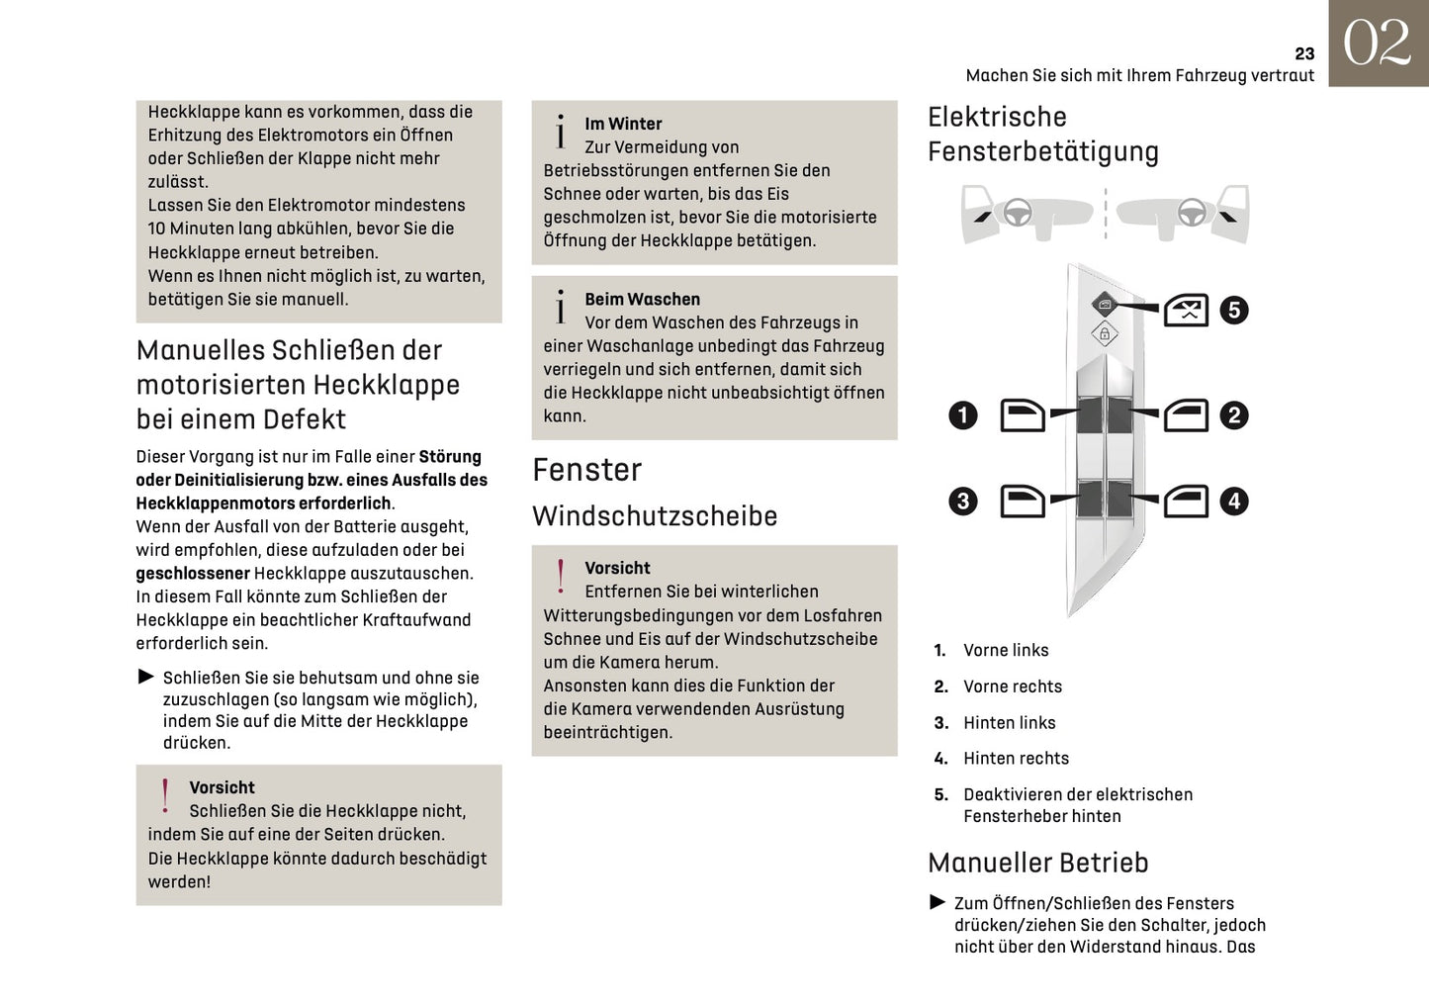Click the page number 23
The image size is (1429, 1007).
click(1304, 54)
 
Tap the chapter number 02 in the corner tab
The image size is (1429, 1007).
click(1377, 44)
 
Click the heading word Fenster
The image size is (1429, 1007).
click(586, 470)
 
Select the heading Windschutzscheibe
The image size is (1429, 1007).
click(655, 516)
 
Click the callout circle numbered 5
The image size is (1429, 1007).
click(1233, 310)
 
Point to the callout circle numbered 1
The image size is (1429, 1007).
click(963, 415)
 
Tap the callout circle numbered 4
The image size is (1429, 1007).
click(1233, 501)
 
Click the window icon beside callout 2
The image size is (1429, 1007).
click(1186, 415)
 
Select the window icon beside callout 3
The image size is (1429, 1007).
click(1023, 501)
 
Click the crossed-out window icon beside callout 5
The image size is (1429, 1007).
click(1186, 311)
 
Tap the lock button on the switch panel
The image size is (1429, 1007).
click(1105, 334)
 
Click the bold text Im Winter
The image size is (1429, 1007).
click(623, 125)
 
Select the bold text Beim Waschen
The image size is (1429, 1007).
click(642, 300)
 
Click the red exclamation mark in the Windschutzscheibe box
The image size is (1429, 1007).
click(561, 577)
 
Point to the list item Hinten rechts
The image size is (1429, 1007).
click(1016, 759)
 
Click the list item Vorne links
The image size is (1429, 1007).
click(1006, 651)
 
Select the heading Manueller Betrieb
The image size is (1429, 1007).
click(1037, 863)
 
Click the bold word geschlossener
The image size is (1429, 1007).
click(193, 574)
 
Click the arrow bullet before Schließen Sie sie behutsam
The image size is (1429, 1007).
click(146, 677)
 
